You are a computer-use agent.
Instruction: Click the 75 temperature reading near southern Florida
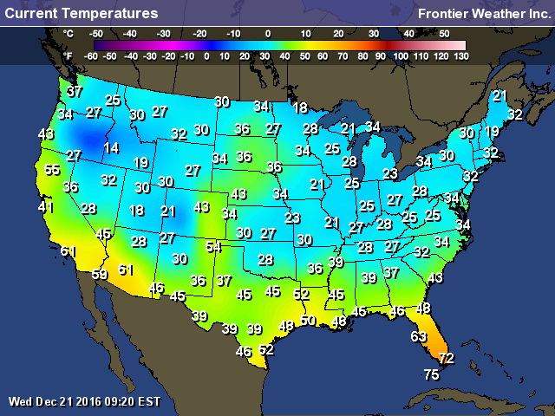[x=431, y=374]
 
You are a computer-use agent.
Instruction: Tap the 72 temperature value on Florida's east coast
[x=446, y=358]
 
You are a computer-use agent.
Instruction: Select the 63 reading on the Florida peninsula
[x=419, y=336]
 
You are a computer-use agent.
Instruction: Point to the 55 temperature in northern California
[x=53, y=171]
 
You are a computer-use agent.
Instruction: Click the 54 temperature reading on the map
[x=213, y=246]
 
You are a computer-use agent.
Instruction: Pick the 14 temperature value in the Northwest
[x=111, y=148]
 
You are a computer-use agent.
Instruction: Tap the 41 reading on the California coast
[x=45, y=208]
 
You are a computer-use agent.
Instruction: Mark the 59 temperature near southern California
[x=100, y=275]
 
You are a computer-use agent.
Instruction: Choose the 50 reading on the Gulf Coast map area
[x=308, y=321]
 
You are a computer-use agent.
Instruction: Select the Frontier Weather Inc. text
[x=482, y=14]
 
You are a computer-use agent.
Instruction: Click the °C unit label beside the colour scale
[x=69, y=32]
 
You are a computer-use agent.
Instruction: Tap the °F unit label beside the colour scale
[x=69, y=55]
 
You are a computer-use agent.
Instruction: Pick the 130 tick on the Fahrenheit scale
[x=460, y=55]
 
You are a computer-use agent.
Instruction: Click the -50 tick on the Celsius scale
[x=97, y=32]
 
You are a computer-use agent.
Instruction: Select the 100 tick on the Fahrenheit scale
[x=400, y=55]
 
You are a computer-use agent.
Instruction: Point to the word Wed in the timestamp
[x=19, y=401]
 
